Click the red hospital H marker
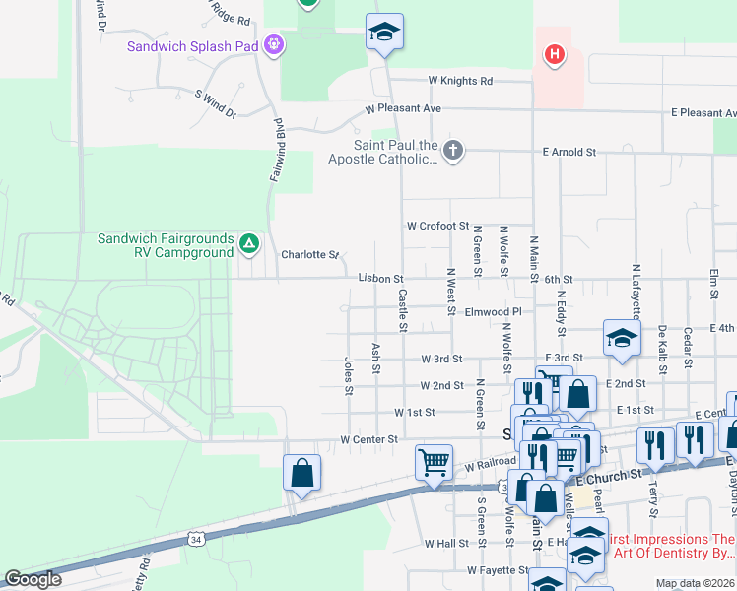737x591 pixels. pos(555,54)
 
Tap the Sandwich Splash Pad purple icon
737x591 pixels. pos(274,45)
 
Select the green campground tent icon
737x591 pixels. pos(249,243)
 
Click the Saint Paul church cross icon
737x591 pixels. pos(452,151)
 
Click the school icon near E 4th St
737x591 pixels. pos(622,340)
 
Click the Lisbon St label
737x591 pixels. pos(380,280)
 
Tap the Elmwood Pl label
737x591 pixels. pos(494,311)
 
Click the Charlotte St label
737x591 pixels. pos(309,254)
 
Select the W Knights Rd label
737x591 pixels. pos(459,81)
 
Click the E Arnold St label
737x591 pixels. pos(569,153)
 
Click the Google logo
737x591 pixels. pos(33,579)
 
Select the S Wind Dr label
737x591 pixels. pos(217,105)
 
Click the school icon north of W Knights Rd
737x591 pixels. pos(384,33)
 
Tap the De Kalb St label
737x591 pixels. pos(663,350)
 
